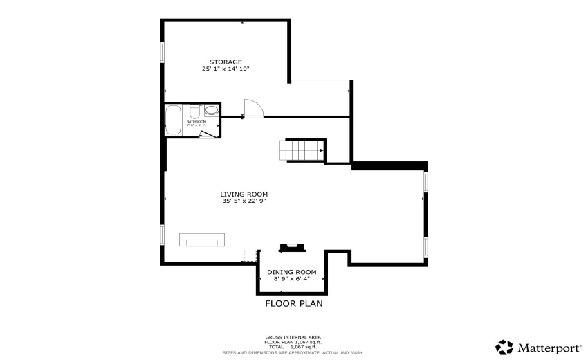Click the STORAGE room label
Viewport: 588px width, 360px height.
pos(226,62)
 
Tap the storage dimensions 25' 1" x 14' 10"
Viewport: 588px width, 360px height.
pos(226,69)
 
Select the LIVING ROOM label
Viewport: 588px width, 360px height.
pos(244,195)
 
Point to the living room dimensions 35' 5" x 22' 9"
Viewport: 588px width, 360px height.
pos(244,201)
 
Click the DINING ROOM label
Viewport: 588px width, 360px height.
pos(291,272)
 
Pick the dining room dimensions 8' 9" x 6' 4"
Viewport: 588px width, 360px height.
pos(291,279)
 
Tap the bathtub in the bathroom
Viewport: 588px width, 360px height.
pos(173,120)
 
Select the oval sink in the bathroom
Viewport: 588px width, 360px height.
pos(211,109)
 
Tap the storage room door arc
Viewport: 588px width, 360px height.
pos(253,108)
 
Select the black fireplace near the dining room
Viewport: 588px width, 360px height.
pos(291,247)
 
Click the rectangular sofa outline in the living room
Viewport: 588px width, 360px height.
pos(202,240)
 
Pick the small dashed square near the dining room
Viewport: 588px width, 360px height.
pos(249,256)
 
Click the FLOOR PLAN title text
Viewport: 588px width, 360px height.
pos(294,303)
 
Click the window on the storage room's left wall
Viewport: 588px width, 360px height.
pos(163,53)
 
